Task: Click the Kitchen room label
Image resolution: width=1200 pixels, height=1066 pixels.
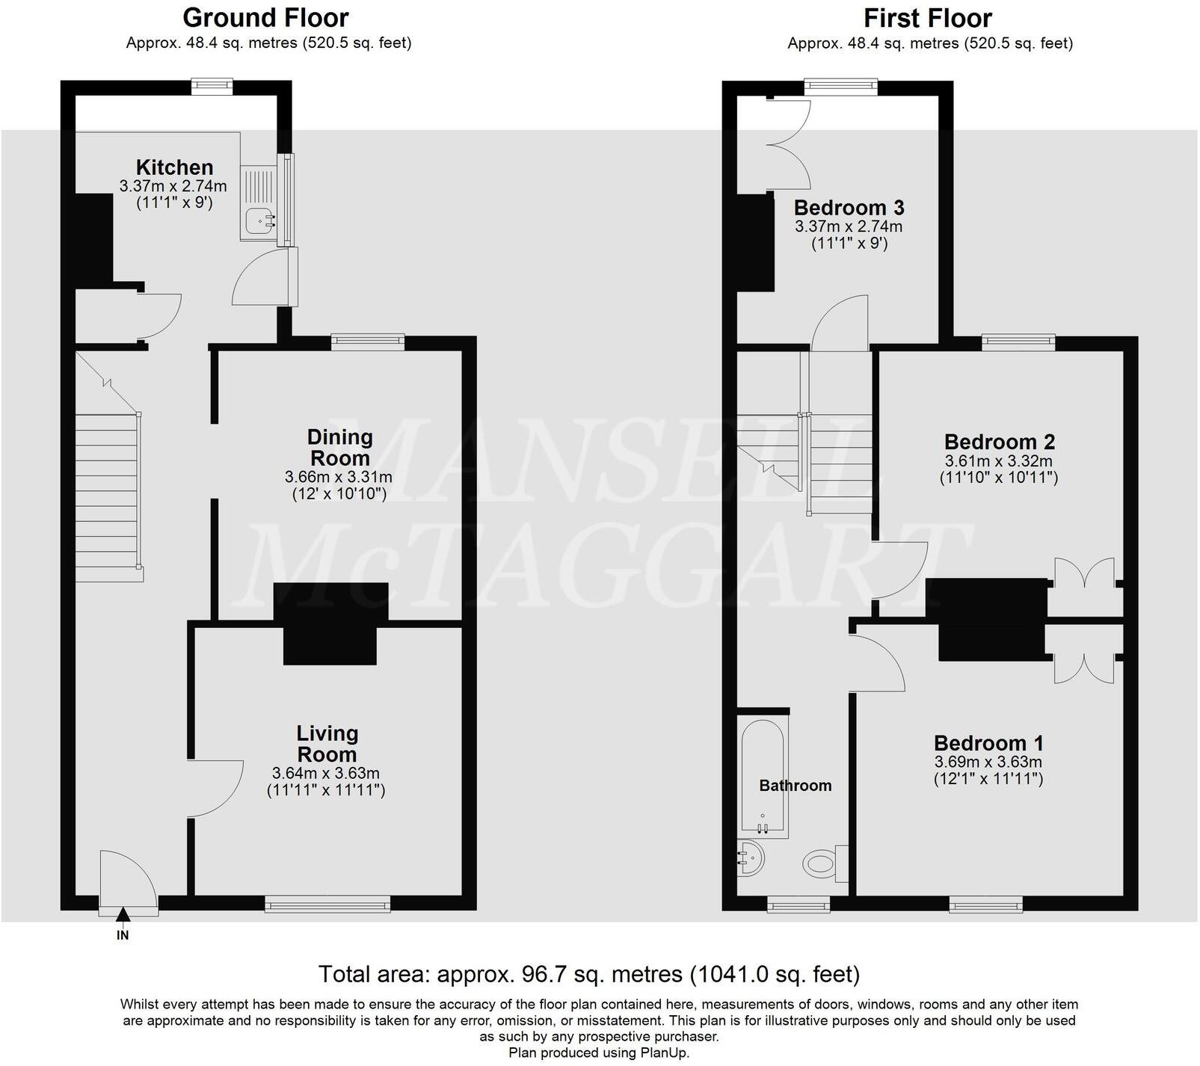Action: point(174,167)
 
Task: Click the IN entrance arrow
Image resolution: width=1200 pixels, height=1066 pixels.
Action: point(123,914)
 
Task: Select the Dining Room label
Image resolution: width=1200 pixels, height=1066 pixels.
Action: point(339,448)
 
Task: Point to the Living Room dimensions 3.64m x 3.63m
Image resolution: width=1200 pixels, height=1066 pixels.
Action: point(326,774)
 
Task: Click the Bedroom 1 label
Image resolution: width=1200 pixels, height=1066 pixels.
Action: point(988,743)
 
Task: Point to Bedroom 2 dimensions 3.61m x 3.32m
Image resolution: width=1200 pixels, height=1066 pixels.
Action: point(998,461)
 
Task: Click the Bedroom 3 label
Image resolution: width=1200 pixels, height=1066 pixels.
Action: point(849,207)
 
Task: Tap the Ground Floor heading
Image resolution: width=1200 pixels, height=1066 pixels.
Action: point(265,17)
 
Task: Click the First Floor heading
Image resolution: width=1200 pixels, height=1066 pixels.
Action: point(928,17)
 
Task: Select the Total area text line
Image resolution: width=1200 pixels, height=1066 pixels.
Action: point(589,974)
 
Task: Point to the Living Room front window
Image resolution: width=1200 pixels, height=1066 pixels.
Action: point(328,904)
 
